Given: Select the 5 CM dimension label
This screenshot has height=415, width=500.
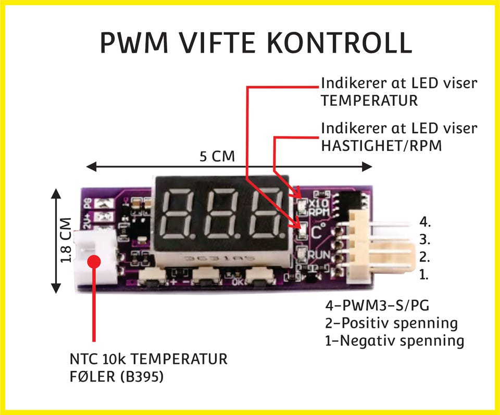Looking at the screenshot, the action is click(217, 157).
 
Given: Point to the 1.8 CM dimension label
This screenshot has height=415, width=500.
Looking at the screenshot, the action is click(66, 240).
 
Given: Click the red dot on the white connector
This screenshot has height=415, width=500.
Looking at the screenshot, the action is click(94, 261).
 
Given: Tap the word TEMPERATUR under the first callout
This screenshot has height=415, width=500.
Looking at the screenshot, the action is click(369, 100).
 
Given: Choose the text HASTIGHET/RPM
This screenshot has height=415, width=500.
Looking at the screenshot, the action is click(381, 146).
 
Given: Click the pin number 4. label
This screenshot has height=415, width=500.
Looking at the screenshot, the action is click(425, 222).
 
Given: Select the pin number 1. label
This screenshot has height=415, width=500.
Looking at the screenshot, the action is click(423, 274).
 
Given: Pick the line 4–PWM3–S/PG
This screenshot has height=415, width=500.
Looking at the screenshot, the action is click(377, 305).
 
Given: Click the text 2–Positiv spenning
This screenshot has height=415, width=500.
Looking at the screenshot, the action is click(391, 323).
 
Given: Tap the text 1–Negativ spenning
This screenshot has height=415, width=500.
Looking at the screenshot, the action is click(394, 341).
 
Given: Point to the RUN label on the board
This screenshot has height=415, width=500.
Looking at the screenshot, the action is click(319, 254).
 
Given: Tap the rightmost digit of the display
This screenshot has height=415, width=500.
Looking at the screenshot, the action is click(268, 213).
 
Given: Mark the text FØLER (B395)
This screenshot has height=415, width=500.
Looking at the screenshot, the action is click(117, 377).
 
